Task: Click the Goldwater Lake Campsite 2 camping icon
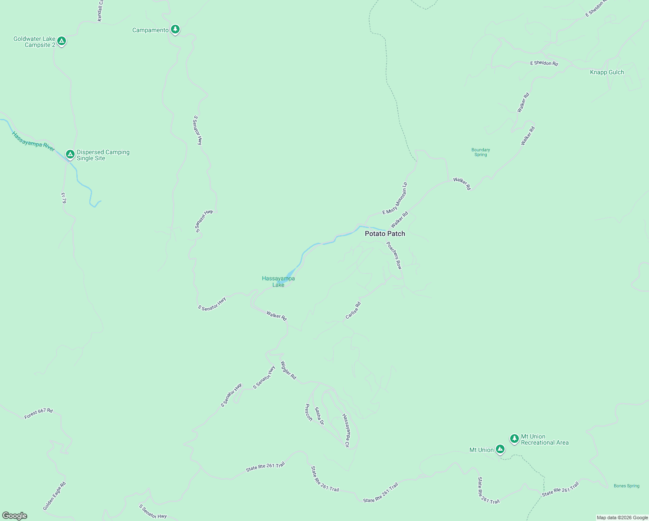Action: click(x=62, y=41)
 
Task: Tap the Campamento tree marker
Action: click(x=175, y=29)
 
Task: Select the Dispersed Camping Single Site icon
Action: click(x=70, y=154)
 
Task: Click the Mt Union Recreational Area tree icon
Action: click(x=514, y=439)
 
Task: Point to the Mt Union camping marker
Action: click(x=500, y=449)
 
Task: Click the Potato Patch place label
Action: click(x=385, y=234)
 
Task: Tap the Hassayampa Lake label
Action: click(x=279, y=281)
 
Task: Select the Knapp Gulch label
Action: click(x=607, y=73)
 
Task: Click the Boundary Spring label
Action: click(x=481, y=152)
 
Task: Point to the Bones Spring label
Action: click(x=626, y=486)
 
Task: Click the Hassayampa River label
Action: click(x=33, y=142)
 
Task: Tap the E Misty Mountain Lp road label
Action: click(x=395, y=198)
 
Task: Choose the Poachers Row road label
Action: click(x=394, y=255)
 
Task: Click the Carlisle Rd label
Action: click(x=353, y=310)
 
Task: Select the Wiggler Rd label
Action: click(x=288, y=370)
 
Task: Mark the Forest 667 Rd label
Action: click(x=39, y=413)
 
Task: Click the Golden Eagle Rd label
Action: click(x=54, y=496)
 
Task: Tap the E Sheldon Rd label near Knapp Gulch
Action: click(x=544, y=63)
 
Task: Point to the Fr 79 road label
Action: click(x=63, y=198)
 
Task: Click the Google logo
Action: click(x=15, y=516)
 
